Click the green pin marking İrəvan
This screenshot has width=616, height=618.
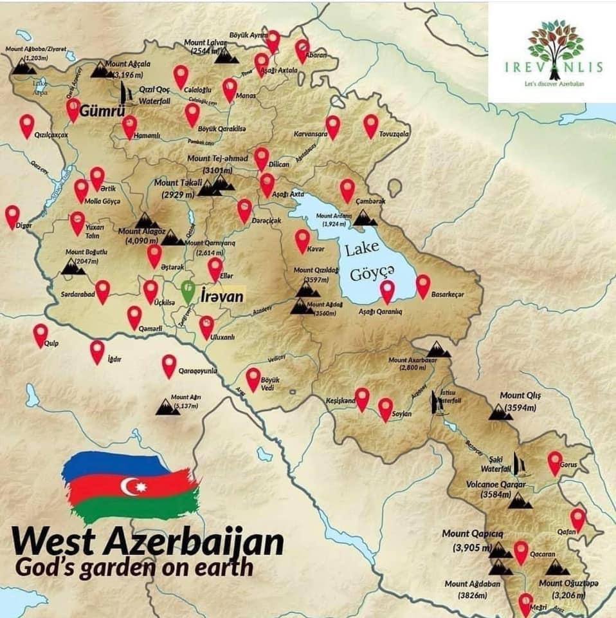coord(188,290)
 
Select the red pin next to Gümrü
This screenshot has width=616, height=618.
coord(73,109)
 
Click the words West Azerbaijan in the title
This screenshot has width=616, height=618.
coord(147,543)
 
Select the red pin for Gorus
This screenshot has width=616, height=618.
coord(555,462)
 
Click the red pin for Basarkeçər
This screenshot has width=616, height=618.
coord(423,286)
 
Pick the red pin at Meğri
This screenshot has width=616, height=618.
coord(526,603)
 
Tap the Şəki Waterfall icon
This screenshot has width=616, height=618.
coord(520,465)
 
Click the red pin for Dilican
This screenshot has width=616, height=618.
coord(261,158)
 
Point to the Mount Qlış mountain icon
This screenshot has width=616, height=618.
coord(500,412)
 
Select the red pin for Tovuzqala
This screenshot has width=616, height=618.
coord(370,126)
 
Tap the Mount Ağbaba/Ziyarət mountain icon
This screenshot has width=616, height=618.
coord(26,66)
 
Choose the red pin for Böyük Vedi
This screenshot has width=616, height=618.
coord(253,379)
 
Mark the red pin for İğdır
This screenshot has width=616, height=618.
coord(97,351)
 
